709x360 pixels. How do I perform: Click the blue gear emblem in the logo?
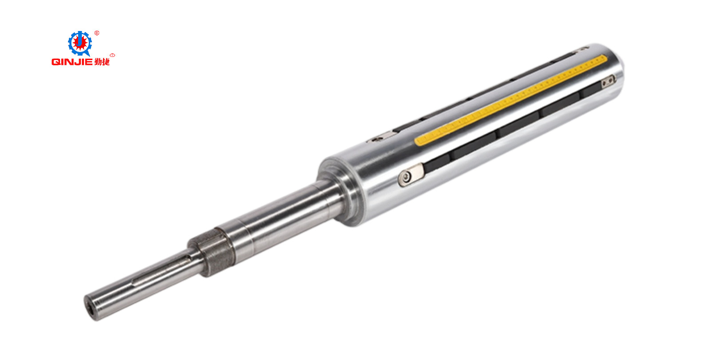coord(80,44)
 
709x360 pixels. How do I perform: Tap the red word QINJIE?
coord(72,62)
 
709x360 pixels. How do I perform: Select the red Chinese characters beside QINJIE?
coord(102,62)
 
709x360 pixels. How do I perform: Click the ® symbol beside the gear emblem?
coord(97,33)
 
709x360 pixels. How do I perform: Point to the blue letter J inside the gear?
coord(80,42)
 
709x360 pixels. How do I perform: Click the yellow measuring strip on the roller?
coord(511,100)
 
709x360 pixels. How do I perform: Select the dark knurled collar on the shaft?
coord(211,252)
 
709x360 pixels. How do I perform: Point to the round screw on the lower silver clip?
coord(406,177)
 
